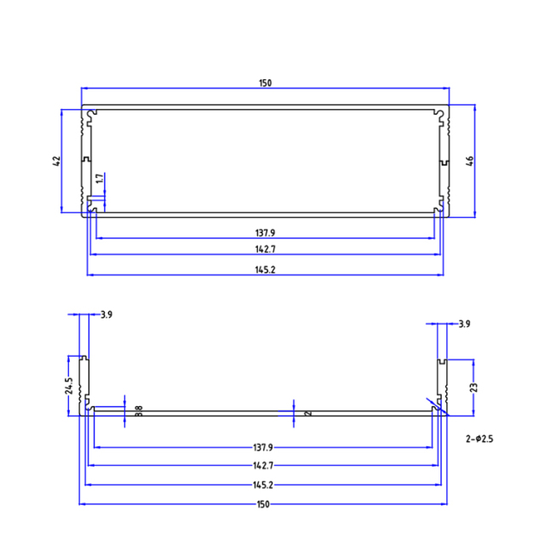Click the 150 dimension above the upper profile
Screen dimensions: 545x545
(x=265, y=83)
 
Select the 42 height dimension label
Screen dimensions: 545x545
(x=56, y=161)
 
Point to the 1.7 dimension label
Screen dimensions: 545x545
(x=100, y=180)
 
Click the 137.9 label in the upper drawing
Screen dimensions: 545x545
(x=265, y=232)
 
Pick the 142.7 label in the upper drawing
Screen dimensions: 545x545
(x=265, y=250)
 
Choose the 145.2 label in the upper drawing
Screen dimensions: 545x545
(x=265, y=269)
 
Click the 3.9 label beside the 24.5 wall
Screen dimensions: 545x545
(x=106, y=315)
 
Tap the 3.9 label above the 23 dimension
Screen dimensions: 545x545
(x=464, y=324)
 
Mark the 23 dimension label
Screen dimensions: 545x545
(x=473, y=387)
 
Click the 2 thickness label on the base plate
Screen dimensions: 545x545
(x=307, y=412)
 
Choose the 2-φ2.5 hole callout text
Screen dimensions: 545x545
(x=480, y=439)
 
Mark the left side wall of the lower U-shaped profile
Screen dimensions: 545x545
(x=84, y=384)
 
